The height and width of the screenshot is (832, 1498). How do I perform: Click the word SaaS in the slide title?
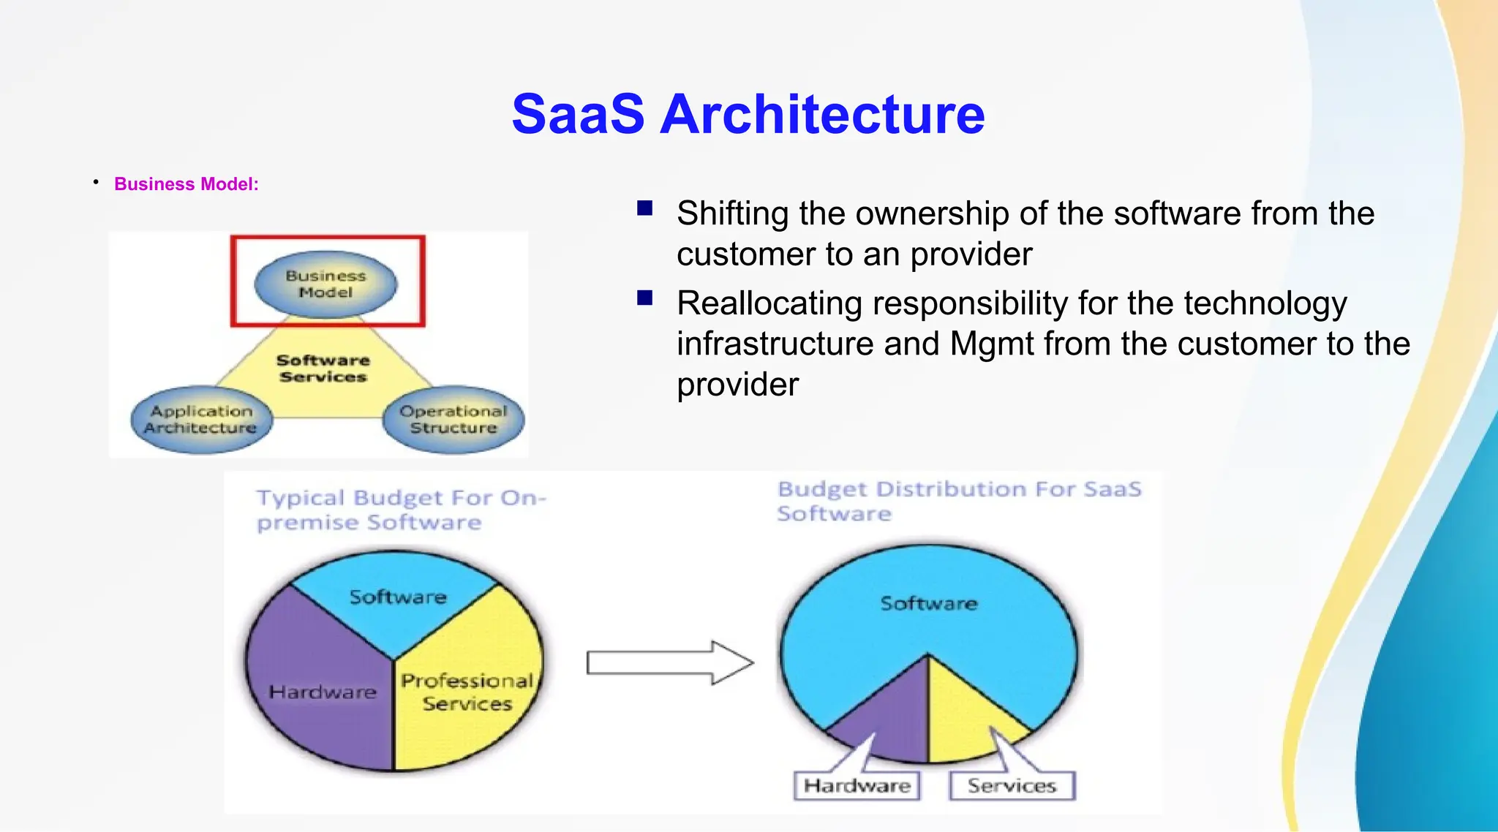pyautogui.click(x=578, y=115)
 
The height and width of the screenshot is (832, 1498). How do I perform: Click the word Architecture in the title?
pyautogui.click(x=822, y=115)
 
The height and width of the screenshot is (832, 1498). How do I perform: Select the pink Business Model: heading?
pyautogui.click(x=186, y=184)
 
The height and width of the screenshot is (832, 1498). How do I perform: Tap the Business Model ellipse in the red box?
pyautogui.click(x=325, y=284)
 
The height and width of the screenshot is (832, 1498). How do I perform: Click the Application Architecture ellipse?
pyautogui.click(x=200, y=420)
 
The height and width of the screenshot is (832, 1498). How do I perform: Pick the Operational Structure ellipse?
pyautogui.click(x=453, y=420)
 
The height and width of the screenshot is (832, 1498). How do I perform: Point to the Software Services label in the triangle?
pyautogui.click(x=323, y=368)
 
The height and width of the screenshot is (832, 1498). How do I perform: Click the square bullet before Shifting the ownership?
pyautogui.click(x=644, y=209)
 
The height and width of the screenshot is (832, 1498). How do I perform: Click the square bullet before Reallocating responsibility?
pyautogui.click(x=644, y=298)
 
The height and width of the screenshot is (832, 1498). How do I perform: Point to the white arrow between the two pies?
pyautogui.click(x=669, y=663)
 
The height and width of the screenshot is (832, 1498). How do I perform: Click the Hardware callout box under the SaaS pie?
pyautogui.click(x=857, y=786)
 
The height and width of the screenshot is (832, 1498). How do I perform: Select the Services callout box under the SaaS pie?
pyautogui.click(x=1012, y=786)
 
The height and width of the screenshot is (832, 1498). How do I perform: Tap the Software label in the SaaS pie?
pyautogui.click(x=928, y=604)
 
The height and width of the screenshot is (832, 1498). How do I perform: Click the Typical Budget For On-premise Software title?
pyautogui.click(x=400, y=510)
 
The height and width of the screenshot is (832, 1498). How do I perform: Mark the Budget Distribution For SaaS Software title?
pyautogui.click(x=958, y=501)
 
